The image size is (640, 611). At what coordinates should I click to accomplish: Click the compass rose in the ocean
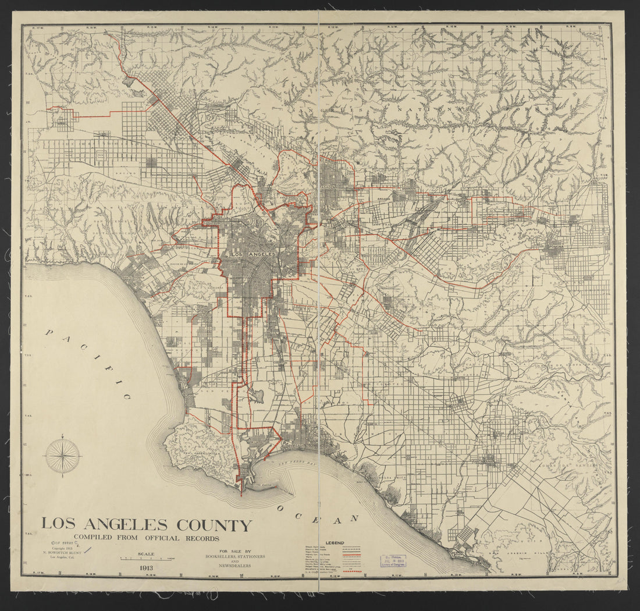63,456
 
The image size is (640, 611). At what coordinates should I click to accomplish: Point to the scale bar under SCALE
145,559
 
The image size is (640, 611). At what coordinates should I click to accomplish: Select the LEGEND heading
335,543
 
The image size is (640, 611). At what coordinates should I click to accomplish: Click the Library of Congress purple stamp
393,561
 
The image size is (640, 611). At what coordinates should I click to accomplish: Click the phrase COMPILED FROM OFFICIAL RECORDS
147,539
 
